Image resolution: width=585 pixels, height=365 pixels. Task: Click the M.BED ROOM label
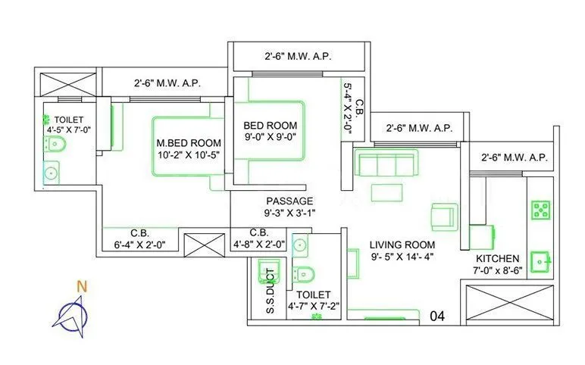(x=189, y=142)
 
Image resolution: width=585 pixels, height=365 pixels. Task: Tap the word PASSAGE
(x=289, y=201)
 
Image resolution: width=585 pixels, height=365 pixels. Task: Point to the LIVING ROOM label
(x=402, y=245)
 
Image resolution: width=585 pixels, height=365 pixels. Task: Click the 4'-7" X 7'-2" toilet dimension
(x=313, y=307)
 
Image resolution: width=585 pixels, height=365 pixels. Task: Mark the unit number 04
(x=438, y=315)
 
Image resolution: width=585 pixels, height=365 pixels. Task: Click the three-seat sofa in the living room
(x=386, y=163)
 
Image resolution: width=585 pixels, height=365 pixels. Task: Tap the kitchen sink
(x=541, y=260)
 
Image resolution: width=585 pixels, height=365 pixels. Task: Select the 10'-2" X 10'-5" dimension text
(x=189, y=156)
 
